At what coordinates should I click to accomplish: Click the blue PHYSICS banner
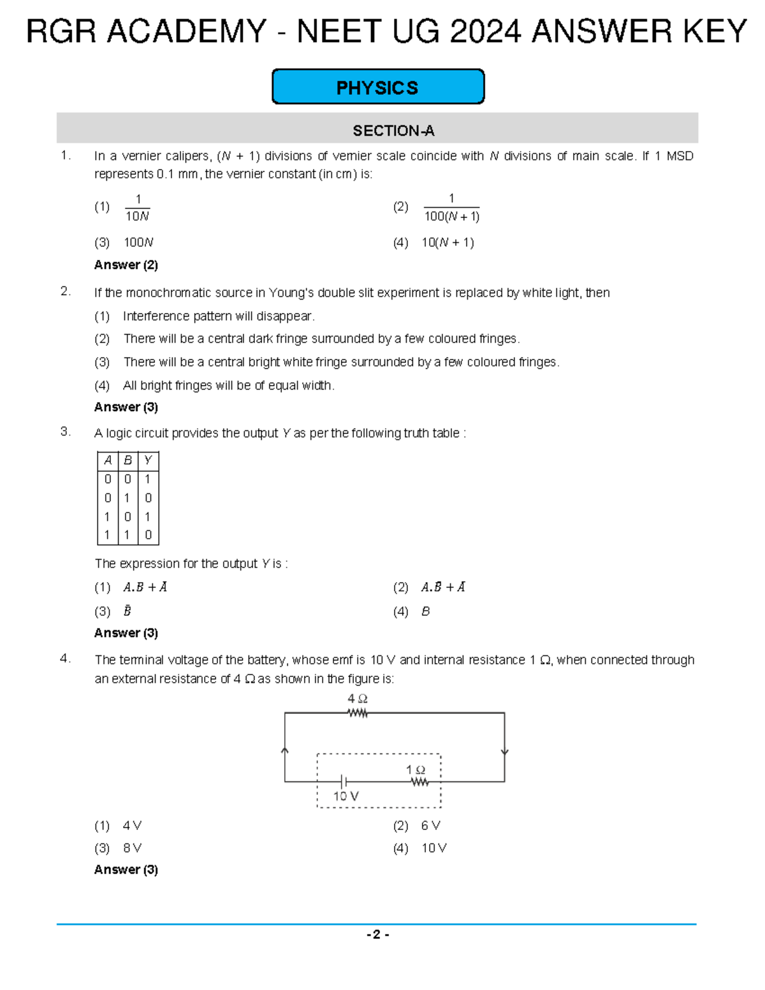click(377, 87)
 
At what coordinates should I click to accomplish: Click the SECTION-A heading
click(393, 131)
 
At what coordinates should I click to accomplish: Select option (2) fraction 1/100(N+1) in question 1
click(451, 208)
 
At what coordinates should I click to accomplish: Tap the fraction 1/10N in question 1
click(137, 208)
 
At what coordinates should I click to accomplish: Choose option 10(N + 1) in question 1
click(447, 242)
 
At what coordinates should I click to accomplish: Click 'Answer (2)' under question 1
click(126, 265)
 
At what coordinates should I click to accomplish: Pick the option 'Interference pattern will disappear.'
click(218, 316)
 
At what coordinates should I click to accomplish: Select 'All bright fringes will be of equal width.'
click(228, 385)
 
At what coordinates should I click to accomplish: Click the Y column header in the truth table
click(148, 460)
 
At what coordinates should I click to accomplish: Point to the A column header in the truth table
click(108, 460)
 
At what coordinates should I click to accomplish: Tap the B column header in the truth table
click(127, 460)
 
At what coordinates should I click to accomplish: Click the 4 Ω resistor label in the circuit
click(357, 699)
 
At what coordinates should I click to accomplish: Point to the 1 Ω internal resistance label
click(416, 770)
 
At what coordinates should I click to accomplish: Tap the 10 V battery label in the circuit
click(346, 796)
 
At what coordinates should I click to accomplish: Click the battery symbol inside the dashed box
click(344, 782)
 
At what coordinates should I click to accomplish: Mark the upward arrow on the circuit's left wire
click(285, 751)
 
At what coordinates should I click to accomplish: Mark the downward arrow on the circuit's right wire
click(504, 752)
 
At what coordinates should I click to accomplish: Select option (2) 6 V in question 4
click(430, 826)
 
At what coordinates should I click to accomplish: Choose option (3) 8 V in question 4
click(132, 848)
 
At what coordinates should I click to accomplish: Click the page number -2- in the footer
click(377, 935)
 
